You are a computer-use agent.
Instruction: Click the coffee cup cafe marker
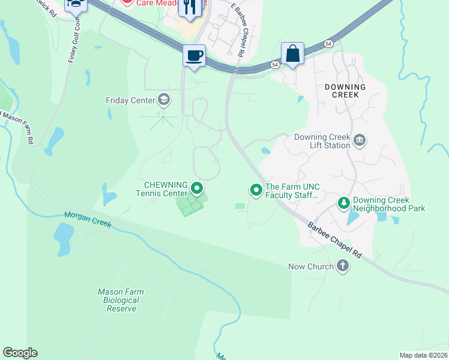(x=194, y=56)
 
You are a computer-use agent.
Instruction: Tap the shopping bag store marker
(x=292, y=53)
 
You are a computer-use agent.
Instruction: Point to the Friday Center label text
(x=130, y=100)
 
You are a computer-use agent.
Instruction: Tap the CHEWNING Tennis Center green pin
(x=196, y=190)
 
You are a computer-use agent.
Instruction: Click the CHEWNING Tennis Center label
(x=161, y=188)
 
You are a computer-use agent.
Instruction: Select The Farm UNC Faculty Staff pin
(x=256, y=190)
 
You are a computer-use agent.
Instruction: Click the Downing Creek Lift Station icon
(x=360, y=141)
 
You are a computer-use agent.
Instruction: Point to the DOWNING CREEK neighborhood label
(x=345, y=91)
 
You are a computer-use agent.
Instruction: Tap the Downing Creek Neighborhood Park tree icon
(x=344, y=203)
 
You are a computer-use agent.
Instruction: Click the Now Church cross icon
(x=343, y=266)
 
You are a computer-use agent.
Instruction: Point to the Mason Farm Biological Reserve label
(x=121, y=300)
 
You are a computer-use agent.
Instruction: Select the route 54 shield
(x=328, y=44)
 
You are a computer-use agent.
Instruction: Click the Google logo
(x=20, y=353)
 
